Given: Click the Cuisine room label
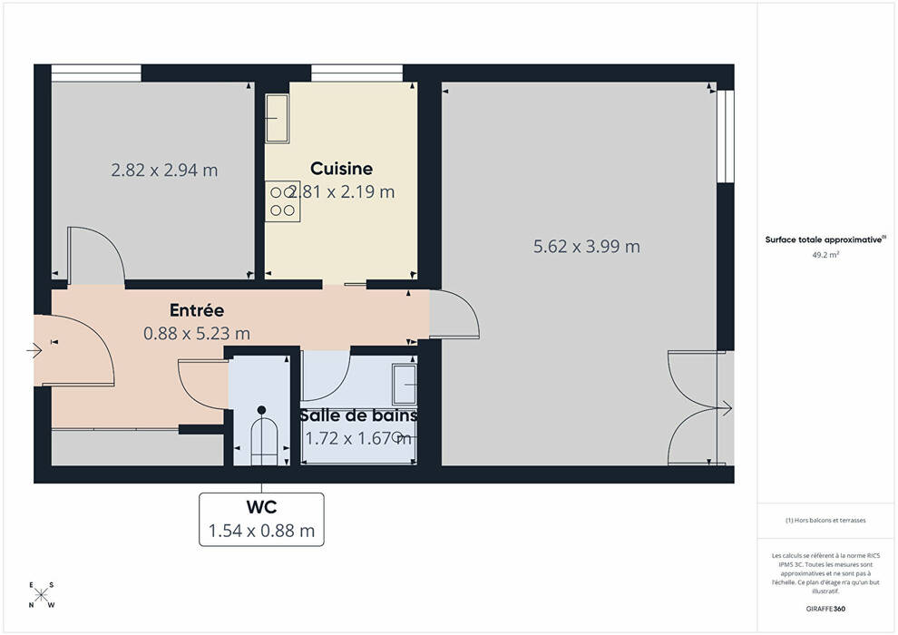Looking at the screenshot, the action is pyautogui.click(x=341, y=169).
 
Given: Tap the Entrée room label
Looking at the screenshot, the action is pyautogui.click(x=197, y=310).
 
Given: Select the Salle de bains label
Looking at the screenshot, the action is pyautogui.click(x=358, y=415).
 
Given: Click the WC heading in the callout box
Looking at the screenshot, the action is pyautogui.click(x=262, y=507).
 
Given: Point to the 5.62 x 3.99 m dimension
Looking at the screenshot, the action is pyautogui.click(x=587, y=246).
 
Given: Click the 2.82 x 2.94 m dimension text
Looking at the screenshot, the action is pyautogui.click(x=164, y=170).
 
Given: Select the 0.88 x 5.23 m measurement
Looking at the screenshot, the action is pyautogui.click(x=197, y=333).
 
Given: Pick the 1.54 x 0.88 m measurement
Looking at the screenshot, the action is pyautogui.click(x=262, y=531).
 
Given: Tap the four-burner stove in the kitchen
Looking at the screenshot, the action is pyautogui.click(x=282, y=201).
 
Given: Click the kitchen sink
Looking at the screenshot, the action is pyautogui.click(x=278, y=119).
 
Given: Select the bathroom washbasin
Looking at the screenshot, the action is pyautogui.click(x=405, y=384).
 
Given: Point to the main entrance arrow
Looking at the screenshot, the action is pyautogui.click(x=34, y=350).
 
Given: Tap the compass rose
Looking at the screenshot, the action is pyautogui.click(x=41, y=595).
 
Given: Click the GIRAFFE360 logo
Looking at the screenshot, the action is pyautogui.click(x=825, y=609).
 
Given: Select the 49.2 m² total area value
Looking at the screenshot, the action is pyautogui.click(x=825, y=255).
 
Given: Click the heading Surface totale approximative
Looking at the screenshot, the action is pyautogui.click(x=824, y=239).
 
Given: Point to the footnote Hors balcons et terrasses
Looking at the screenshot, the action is pyautogui.click(x=825, y=521).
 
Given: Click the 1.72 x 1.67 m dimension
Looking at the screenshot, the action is pyautogui.click(x=358, y=438).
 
